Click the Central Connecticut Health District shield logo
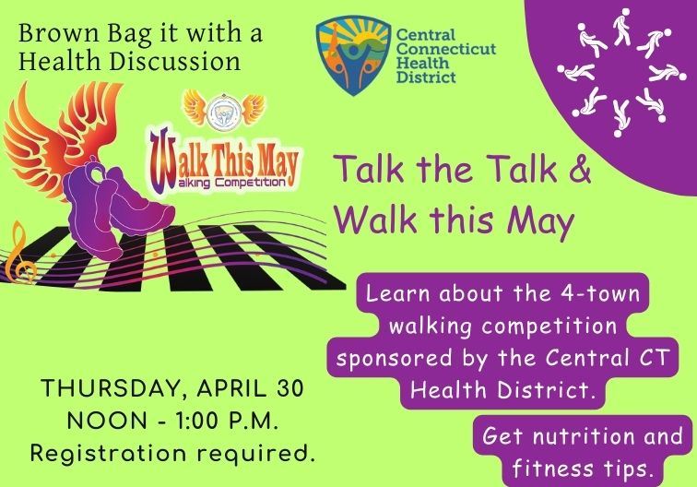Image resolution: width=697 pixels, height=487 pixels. pos(349,53)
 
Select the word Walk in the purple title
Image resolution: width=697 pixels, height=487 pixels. pos(367,219)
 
